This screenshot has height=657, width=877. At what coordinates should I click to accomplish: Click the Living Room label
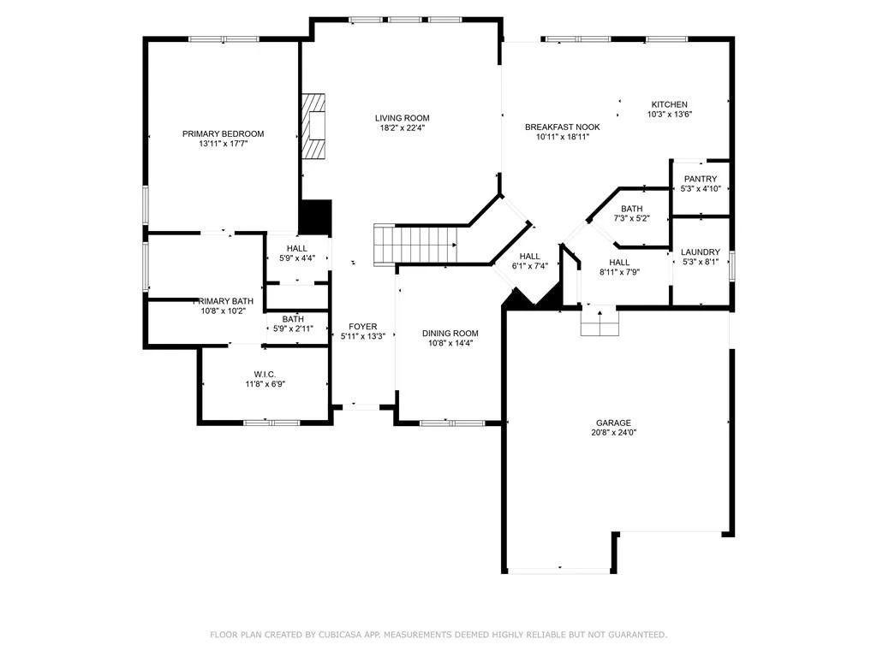[x=403, y=118]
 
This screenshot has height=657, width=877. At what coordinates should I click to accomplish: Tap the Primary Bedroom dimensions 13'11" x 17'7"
[x=224, y=144]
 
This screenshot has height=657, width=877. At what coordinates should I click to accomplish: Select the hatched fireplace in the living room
[x=313, y=126]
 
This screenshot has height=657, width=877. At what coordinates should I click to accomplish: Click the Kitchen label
[x=670, y=104]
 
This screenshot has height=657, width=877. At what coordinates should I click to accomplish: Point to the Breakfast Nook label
[x=563, y=127]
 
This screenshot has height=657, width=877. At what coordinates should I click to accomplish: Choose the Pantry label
[x=701, y=179]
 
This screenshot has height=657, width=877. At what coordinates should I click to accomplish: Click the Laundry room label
[x=701, y=252]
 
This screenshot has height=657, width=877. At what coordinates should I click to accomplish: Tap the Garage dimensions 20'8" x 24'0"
[x=613, y=432]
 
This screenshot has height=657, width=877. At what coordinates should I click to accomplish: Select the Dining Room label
[x=450, y=333]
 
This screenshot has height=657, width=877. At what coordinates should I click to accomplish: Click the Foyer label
[x=363, y=326]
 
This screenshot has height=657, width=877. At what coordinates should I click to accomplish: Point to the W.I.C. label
[x=265, y=375]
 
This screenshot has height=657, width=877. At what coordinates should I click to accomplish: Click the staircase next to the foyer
[x=415, y=244]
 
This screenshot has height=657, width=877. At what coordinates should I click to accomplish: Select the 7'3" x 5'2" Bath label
[x=631, y=209]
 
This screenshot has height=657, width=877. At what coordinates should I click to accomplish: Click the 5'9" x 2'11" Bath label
[x=293, y=319]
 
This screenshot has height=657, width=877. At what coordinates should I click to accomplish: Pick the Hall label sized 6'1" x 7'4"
[x=529, y=257]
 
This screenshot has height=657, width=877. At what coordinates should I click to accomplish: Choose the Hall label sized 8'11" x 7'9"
[x=619, y=263]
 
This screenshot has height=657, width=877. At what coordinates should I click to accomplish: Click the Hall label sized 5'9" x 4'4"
[x=297, y=248]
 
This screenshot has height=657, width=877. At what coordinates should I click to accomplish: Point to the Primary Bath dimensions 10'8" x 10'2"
[x=224, y=311]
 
